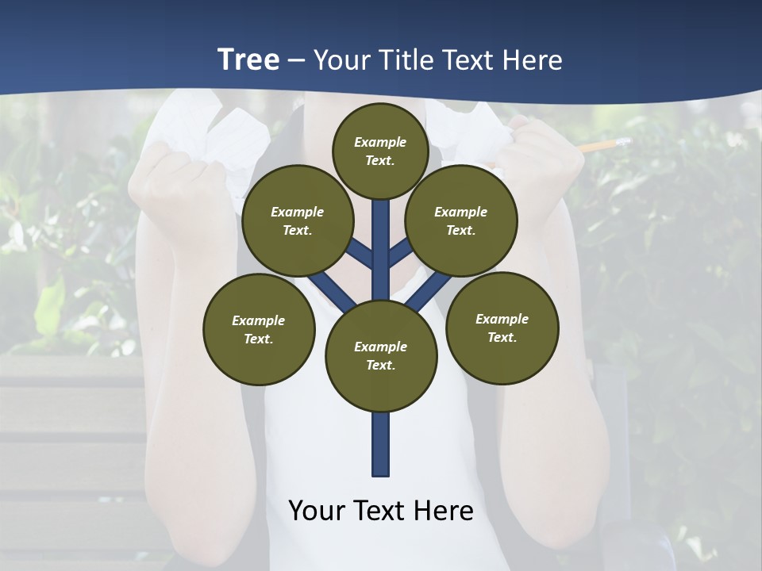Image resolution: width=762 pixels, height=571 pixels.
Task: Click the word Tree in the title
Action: (x=248, y=59)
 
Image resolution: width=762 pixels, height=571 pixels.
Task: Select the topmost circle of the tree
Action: (x=380, y=151)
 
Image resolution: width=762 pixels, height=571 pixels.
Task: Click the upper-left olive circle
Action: (x=298, y=220)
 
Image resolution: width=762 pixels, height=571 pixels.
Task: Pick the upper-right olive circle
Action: (x=461, y=220)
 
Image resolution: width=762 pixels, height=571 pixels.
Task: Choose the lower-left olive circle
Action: (x=259, y=329)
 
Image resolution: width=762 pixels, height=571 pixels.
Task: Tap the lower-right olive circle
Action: (x=502, y=328)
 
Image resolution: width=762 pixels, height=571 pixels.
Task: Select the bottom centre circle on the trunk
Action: (x=381, y=356)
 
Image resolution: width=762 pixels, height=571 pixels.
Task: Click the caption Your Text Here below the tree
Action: (x=381, y=510)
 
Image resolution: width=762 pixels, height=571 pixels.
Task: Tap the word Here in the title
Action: (x=533, y=59)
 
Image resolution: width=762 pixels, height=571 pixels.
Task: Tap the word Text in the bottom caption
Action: (x=383, y=510)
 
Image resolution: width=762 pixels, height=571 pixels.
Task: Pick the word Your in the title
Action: (x=342, y=59)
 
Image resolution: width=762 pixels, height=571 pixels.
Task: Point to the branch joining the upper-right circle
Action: (x=402, y=251)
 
